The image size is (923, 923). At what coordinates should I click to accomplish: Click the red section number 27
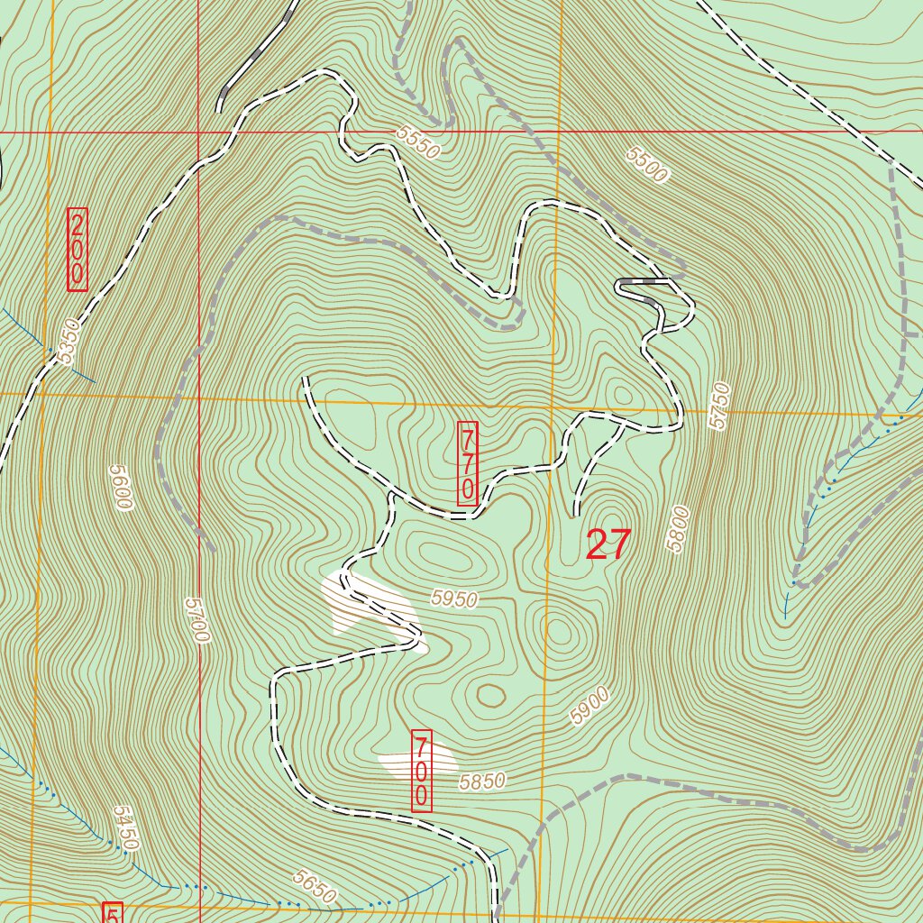[x=608, y=545]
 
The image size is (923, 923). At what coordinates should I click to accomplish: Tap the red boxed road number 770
[x=468, y=463]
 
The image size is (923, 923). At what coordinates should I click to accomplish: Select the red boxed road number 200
[x=78, y=250]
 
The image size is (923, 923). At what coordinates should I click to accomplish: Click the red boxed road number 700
[x=421, y=771]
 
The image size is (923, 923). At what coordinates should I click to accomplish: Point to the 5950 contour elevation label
[x=453, y=599]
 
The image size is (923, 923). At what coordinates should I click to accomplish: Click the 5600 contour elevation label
[x=120, y=488]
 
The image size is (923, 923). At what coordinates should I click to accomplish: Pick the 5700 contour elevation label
[x=196, y=620]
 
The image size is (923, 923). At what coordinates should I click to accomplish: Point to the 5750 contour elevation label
[x=718, y=406]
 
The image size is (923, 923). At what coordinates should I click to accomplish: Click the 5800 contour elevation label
[x=679, y=529]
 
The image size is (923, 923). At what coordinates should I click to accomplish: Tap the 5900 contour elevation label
[x=590, y=706]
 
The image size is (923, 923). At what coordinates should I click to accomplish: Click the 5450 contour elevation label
[x=126, y=828]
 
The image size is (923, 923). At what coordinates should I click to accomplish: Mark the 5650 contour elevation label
[x=315, y=887]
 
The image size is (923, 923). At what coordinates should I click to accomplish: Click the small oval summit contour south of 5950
[x=491, y=695]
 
